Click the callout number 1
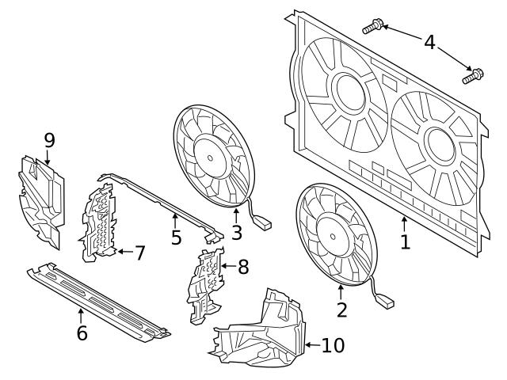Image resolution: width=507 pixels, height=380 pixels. point(406,241)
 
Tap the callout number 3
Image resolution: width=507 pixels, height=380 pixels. point(235,234)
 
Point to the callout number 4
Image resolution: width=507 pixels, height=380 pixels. point(429,41)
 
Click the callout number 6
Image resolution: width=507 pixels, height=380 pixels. point(82,332)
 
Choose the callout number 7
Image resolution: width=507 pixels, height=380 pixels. point(139,253)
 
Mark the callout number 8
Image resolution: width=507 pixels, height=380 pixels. point(243,267)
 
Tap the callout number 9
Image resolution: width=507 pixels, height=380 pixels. point(49,140)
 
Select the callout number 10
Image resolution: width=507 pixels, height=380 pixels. point(333,345)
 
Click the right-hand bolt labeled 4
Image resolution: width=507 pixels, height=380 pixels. point(473,76)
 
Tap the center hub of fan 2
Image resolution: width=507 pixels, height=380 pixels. point(333,233)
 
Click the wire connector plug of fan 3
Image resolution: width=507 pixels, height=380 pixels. point(264,224)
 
